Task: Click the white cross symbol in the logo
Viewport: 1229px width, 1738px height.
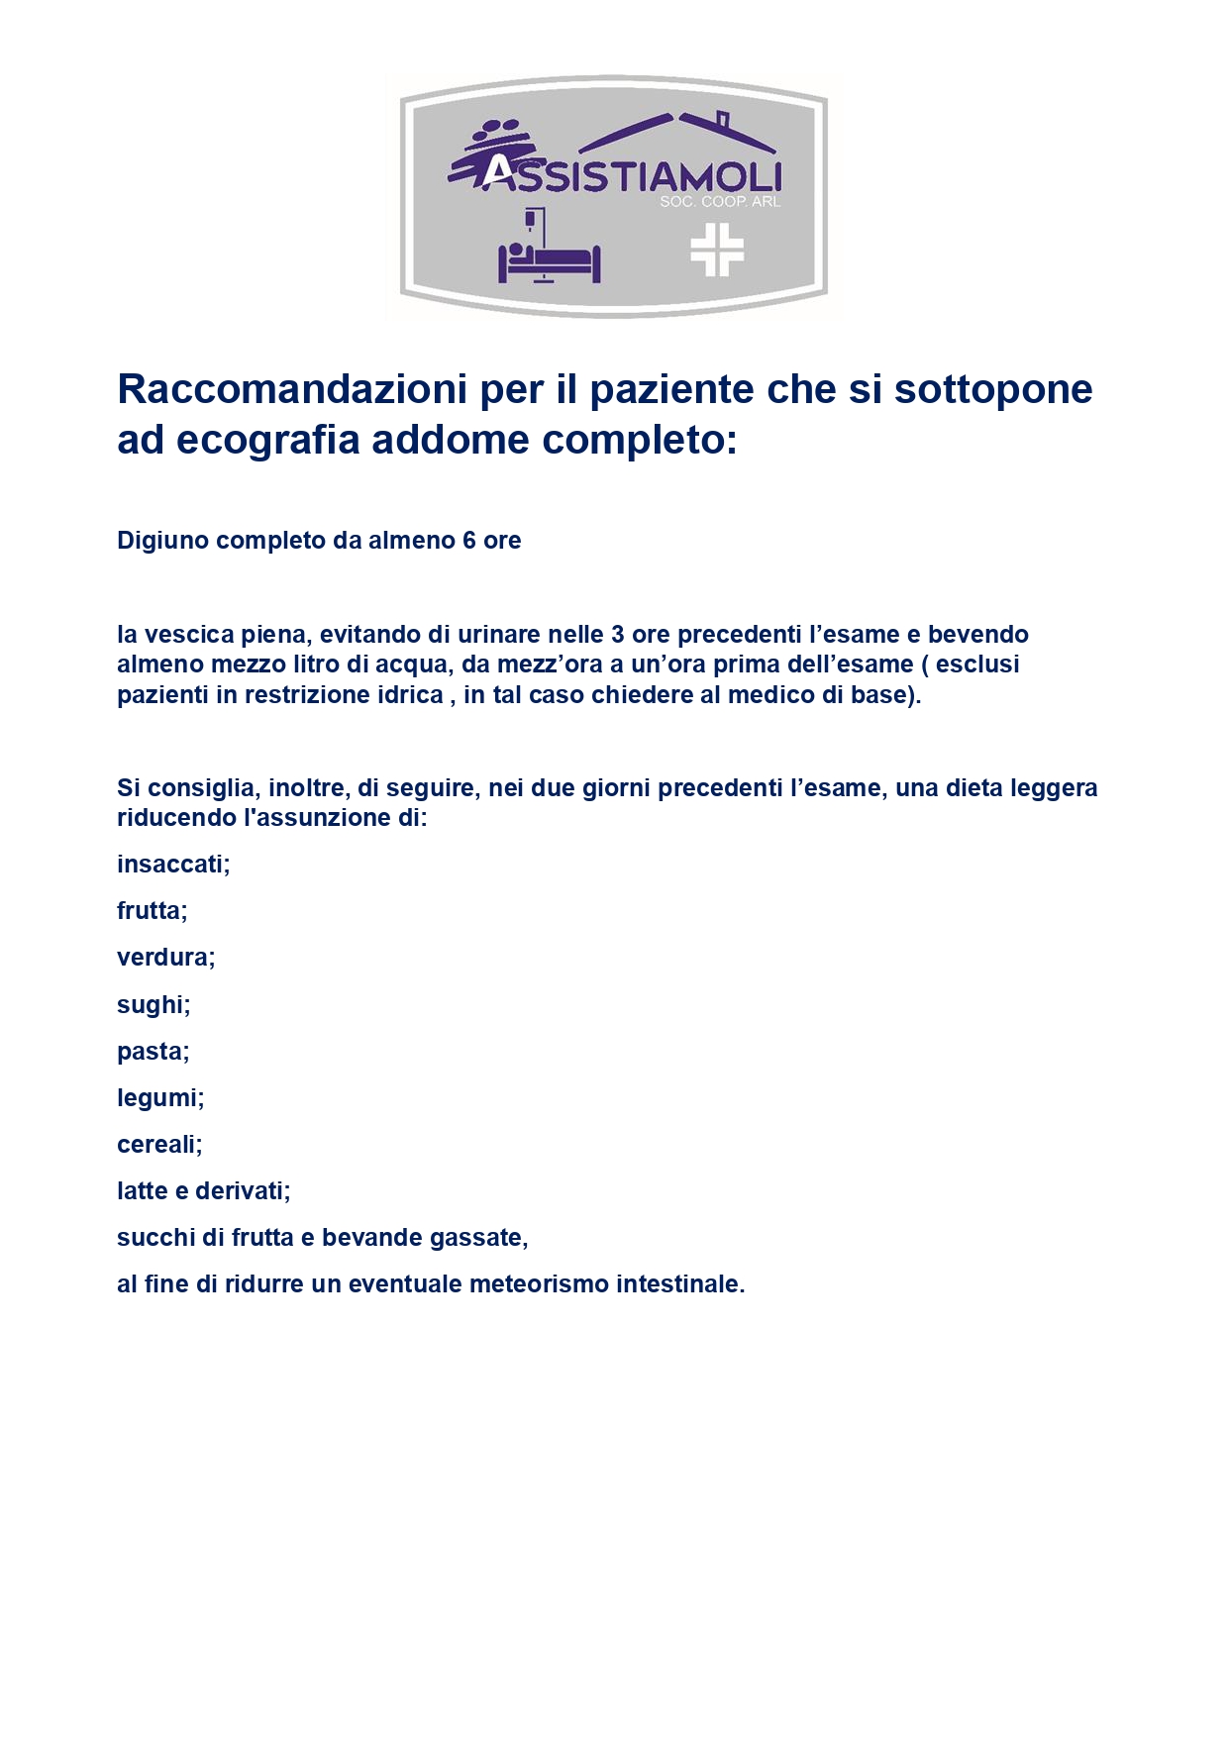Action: point(717,250)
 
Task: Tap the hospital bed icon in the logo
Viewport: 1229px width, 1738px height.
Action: point(549,256)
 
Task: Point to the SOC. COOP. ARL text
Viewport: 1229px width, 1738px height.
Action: point(720,202)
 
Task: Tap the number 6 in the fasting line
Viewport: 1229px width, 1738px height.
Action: point(468,541)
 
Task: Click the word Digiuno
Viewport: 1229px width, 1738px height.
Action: point(159,541)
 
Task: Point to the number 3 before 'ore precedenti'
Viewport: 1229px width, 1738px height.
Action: point(618,635)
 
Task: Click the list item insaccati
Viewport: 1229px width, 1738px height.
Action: point(172,865)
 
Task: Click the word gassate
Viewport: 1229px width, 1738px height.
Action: point(485,1238)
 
